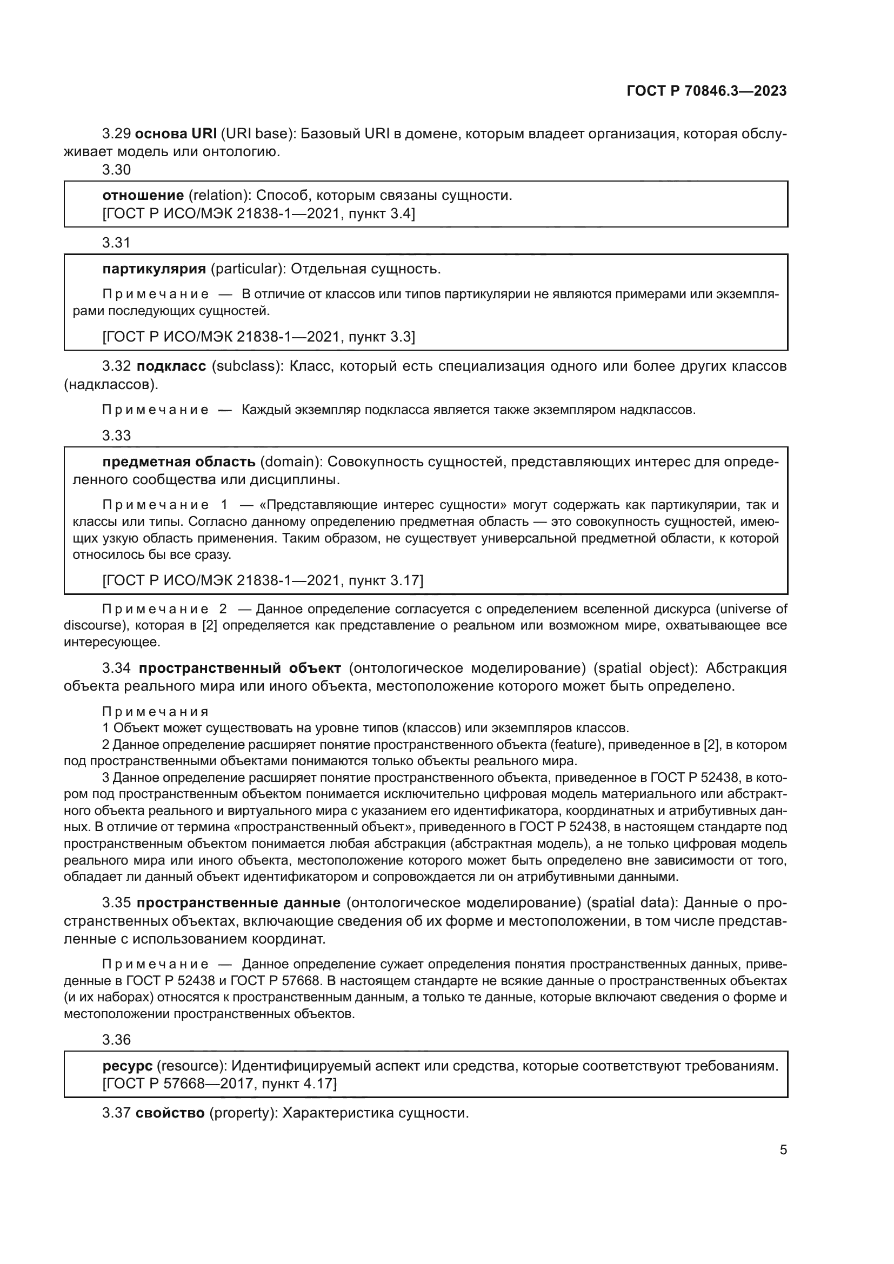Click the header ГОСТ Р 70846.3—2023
pyautogui.click(x=706, y=91)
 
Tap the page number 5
pyautogui.click(x=783, y=1149)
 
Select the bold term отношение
pyautogui.click(x=143, y=196)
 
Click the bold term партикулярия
pyautogui.click(x=154, y=269)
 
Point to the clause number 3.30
pyautogui.click(x=116, y=170)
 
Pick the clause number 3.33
pyautogui.click(x=116, y=436)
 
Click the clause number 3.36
pyautogui.click(x=116, y=1039)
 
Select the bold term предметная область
pyautogui.click(x=179, y=462)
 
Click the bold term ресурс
pyautogui.click(x=127, y=1066)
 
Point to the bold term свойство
pyautogui.click(x=170, y=1113)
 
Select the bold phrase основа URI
pyautogui.click(x=176, y=134)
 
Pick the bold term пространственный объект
pyautogui.click(x=239, y=668)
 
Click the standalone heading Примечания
pyautogui.click(x=155, y=712)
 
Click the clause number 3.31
pyautogui.click(x=116, y=242)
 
